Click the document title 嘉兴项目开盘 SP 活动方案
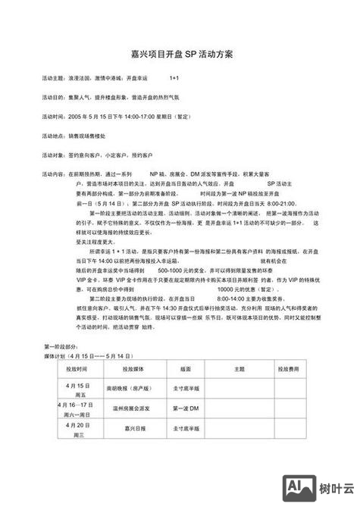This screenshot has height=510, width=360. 180,55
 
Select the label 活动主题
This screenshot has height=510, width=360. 53,78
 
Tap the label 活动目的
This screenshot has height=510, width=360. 53,98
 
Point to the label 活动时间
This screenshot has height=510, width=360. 53,117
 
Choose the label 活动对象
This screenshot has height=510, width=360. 53,155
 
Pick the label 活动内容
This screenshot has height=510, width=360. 53,174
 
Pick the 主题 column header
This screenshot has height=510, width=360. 239,368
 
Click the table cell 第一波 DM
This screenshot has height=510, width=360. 184,410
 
